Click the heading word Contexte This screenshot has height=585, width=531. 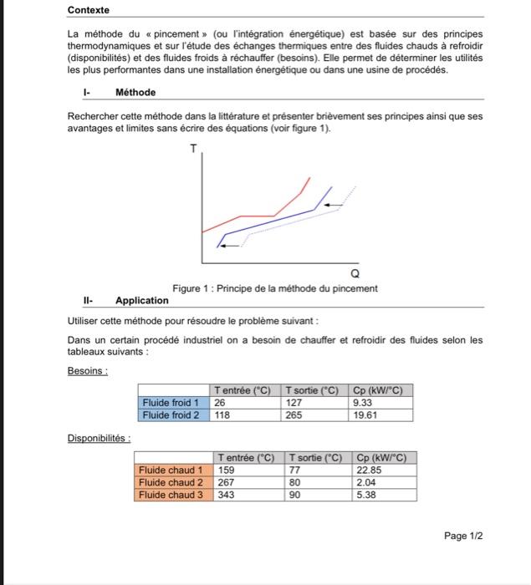point(88,10)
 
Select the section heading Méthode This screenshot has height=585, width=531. point(135,92)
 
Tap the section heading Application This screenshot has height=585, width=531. point(142,300)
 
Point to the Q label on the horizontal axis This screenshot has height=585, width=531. point(356,273)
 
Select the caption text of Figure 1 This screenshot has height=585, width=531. point(274,288)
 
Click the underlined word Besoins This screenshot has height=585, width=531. point(87,371)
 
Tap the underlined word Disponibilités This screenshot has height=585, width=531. point(97,438)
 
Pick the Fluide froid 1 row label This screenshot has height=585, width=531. point(170,402)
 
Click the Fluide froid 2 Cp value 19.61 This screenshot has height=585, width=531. point(366,415)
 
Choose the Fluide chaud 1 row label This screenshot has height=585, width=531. point(171,470)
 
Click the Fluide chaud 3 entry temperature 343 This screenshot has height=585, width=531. point(226,495)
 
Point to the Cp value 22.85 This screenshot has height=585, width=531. point(370,470)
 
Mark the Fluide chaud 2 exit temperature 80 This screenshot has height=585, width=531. point(294,482)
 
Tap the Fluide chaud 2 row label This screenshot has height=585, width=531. point(171,482)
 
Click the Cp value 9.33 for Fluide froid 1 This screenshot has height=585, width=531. point(363,402)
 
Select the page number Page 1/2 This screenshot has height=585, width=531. point(463,536)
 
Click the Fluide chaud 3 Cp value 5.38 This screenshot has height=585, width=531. point(367,495)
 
